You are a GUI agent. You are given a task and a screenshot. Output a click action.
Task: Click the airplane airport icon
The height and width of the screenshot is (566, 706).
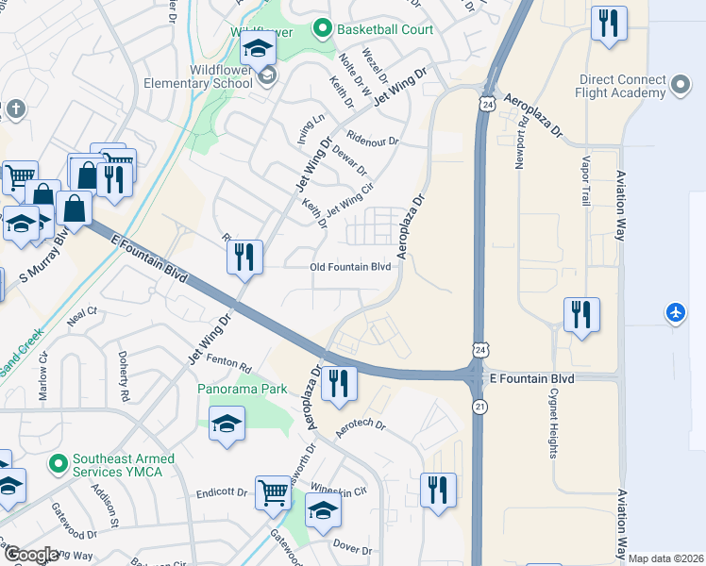coord(676,311)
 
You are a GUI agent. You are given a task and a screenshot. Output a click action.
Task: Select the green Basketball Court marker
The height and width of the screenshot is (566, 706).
coord(324,29)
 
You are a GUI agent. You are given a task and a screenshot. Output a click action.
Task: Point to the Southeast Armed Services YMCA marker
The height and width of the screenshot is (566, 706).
coord(59,463)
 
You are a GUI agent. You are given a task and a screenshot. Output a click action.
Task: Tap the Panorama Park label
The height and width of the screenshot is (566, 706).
coord(242,389)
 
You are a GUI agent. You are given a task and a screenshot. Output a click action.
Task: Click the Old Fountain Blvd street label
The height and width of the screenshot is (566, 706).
coord(351,268)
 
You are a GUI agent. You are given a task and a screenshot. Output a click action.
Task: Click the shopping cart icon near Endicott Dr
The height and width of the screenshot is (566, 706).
coord(273,491)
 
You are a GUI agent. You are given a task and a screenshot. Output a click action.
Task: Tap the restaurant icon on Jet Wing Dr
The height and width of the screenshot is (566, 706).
coord(245,256)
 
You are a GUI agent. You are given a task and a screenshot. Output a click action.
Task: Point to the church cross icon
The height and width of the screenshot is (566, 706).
coord(14,109)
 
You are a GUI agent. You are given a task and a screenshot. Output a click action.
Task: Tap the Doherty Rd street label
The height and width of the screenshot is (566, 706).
coord(125,358)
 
